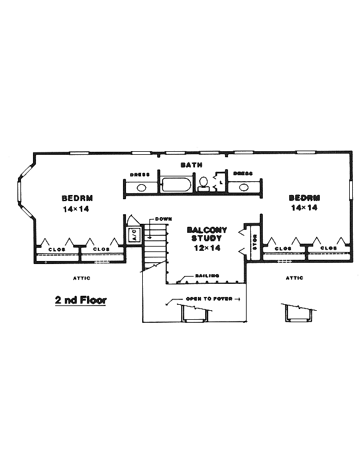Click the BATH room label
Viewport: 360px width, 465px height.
point(192,164)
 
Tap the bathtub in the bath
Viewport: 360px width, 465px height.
point(175,185)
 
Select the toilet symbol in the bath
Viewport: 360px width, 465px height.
point(204,182)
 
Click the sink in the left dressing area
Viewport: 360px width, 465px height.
point(141,187)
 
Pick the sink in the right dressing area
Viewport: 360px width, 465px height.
point(243,187)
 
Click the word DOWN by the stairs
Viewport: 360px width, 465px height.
point(163,219)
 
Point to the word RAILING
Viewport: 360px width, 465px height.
point(206,276)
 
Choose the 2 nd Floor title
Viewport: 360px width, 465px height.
point(80,299)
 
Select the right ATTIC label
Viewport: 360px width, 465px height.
point(294,278)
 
